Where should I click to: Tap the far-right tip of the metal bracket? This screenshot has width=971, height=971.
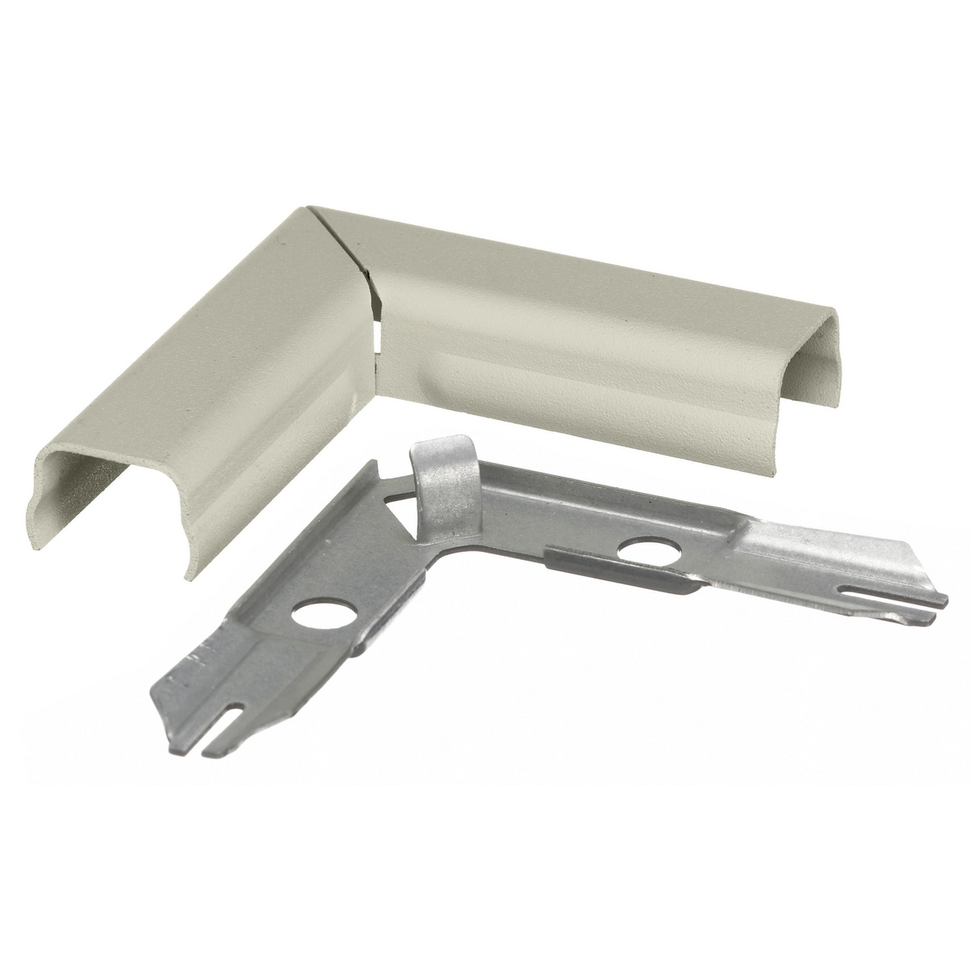pos(945,601)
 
